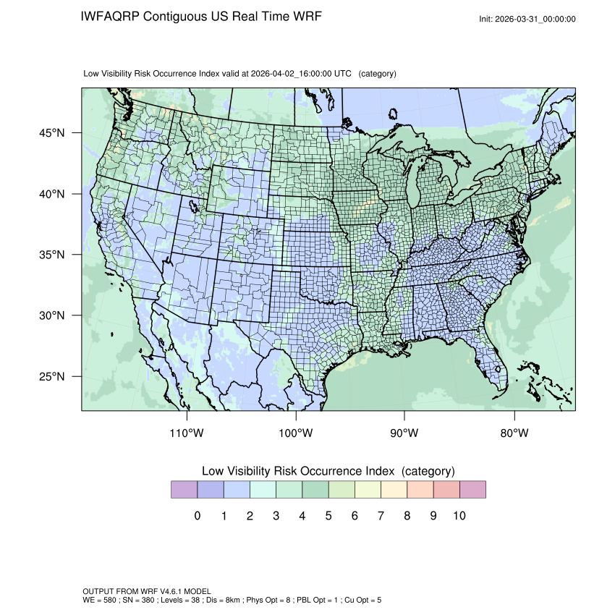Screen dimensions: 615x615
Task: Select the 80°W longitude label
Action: (x=514, y=433)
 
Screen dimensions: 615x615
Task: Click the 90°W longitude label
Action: (x=405, y=433)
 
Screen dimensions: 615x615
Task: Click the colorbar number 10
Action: (x=459, y=516)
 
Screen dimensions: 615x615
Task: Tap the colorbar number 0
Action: (x=197, y=516)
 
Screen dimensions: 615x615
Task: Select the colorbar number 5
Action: (x=328, y=516)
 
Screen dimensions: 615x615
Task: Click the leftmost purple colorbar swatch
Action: (x=184, y=490)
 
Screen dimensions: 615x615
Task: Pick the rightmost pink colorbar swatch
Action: (x=472, y=490)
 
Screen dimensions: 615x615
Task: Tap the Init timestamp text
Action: (x=527, y=19)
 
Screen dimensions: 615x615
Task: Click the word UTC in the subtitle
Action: (x=344, y=74)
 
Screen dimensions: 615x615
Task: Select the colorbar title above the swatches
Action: (x=328, y=471)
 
